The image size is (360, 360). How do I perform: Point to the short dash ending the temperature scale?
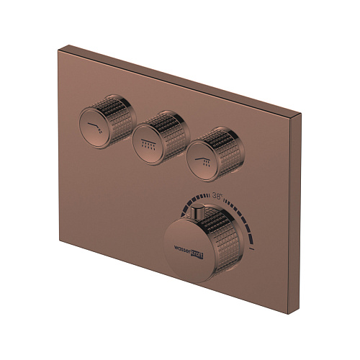(255, 247)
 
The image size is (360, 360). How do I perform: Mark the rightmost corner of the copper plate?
(298, 114)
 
